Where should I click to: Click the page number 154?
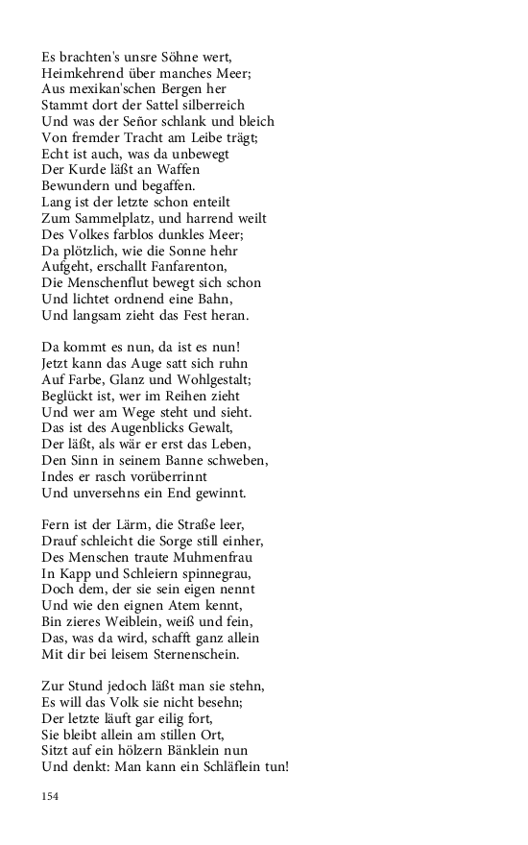[50, 795]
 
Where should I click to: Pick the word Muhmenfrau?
[193, 557]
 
